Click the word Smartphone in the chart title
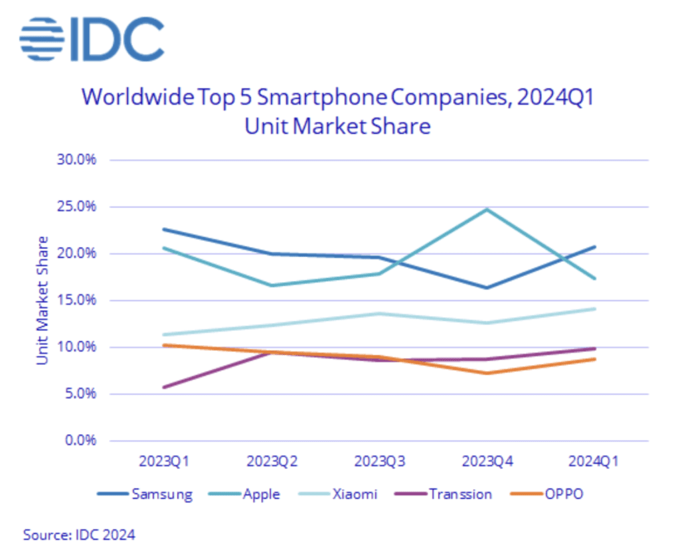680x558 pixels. click(310, 98)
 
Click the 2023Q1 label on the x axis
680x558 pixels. click(163, 461)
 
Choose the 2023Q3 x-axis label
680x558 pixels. click(379, 461)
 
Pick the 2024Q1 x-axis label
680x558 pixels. click(594, 461)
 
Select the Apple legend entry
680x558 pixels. click(261, 494)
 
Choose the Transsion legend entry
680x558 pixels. click(460, 494)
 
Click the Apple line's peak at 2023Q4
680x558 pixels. click(487, 209)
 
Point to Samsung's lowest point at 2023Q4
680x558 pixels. click(487, 287)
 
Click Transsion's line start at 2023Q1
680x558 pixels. click(163, 387)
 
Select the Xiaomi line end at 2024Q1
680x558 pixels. click(594, 309)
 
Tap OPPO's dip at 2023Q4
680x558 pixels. click(487, 373)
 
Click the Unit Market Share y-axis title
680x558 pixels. click(43, 300)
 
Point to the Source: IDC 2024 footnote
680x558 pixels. click(80, 534)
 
